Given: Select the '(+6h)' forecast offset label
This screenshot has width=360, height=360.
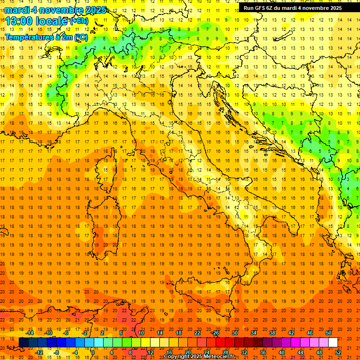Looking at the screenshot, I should tap(78, 21).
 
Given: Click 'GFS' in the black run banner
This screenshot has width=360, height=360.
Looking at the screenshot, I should tap(260, 8).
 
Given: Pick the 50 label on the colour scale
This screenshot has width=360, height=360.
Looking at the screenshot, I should tap(329, 333).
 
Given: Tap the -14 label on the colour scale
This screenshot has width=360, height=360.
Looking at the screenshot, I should tap(30, 333).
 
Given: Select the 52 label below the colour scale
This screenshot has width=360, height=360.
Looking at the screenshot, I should tap(338, 352).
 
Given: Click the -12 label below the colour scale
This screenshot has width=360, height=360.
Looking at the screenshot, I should tap(39, 352).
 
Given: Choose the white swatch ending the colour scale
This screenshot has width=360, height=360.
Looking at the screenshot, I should tap(333, 343).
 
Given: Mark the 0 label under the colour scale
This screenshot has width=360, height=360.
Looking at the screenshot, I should tap(93, 352).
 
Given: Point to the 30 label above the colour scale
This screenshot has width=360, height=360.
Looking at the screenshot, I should tap(235, 333).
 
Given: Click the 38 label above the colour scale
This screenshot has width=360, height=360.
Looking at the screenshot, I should tap(272, 333).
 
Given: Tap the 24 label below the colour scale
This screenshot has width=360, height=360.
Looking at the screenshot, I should tap(207, 352).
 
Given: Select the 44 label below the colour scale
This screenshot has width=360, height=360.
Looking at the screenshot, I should tap(300, 352).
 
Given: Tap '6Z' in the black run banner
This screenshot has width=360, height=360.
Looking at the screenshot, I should tap(271, 8).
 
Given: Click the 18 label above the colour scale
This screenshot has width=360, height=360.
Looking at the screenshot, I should tap(179, 333).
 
